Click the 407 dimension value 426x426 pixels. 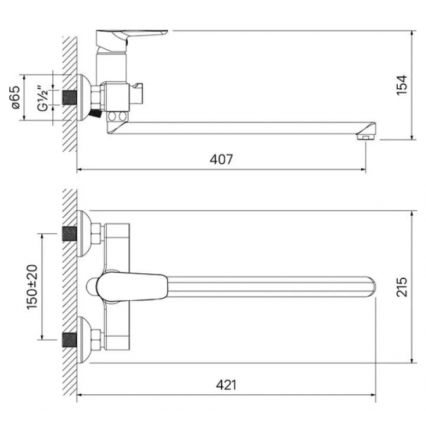(x=221, y=159)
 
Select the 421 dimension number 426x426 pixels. (x=226, y=385)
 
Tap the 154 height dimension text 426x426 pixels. (x=402, y=85)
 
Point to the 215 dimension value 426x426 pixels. (x=402, y=287)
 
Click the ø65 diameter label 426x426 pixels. (x=16, y=98)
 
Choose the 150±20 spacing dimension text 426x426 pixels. (x=32, y=287)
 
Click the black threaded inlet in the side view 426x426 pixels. (x=69, y=98)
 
